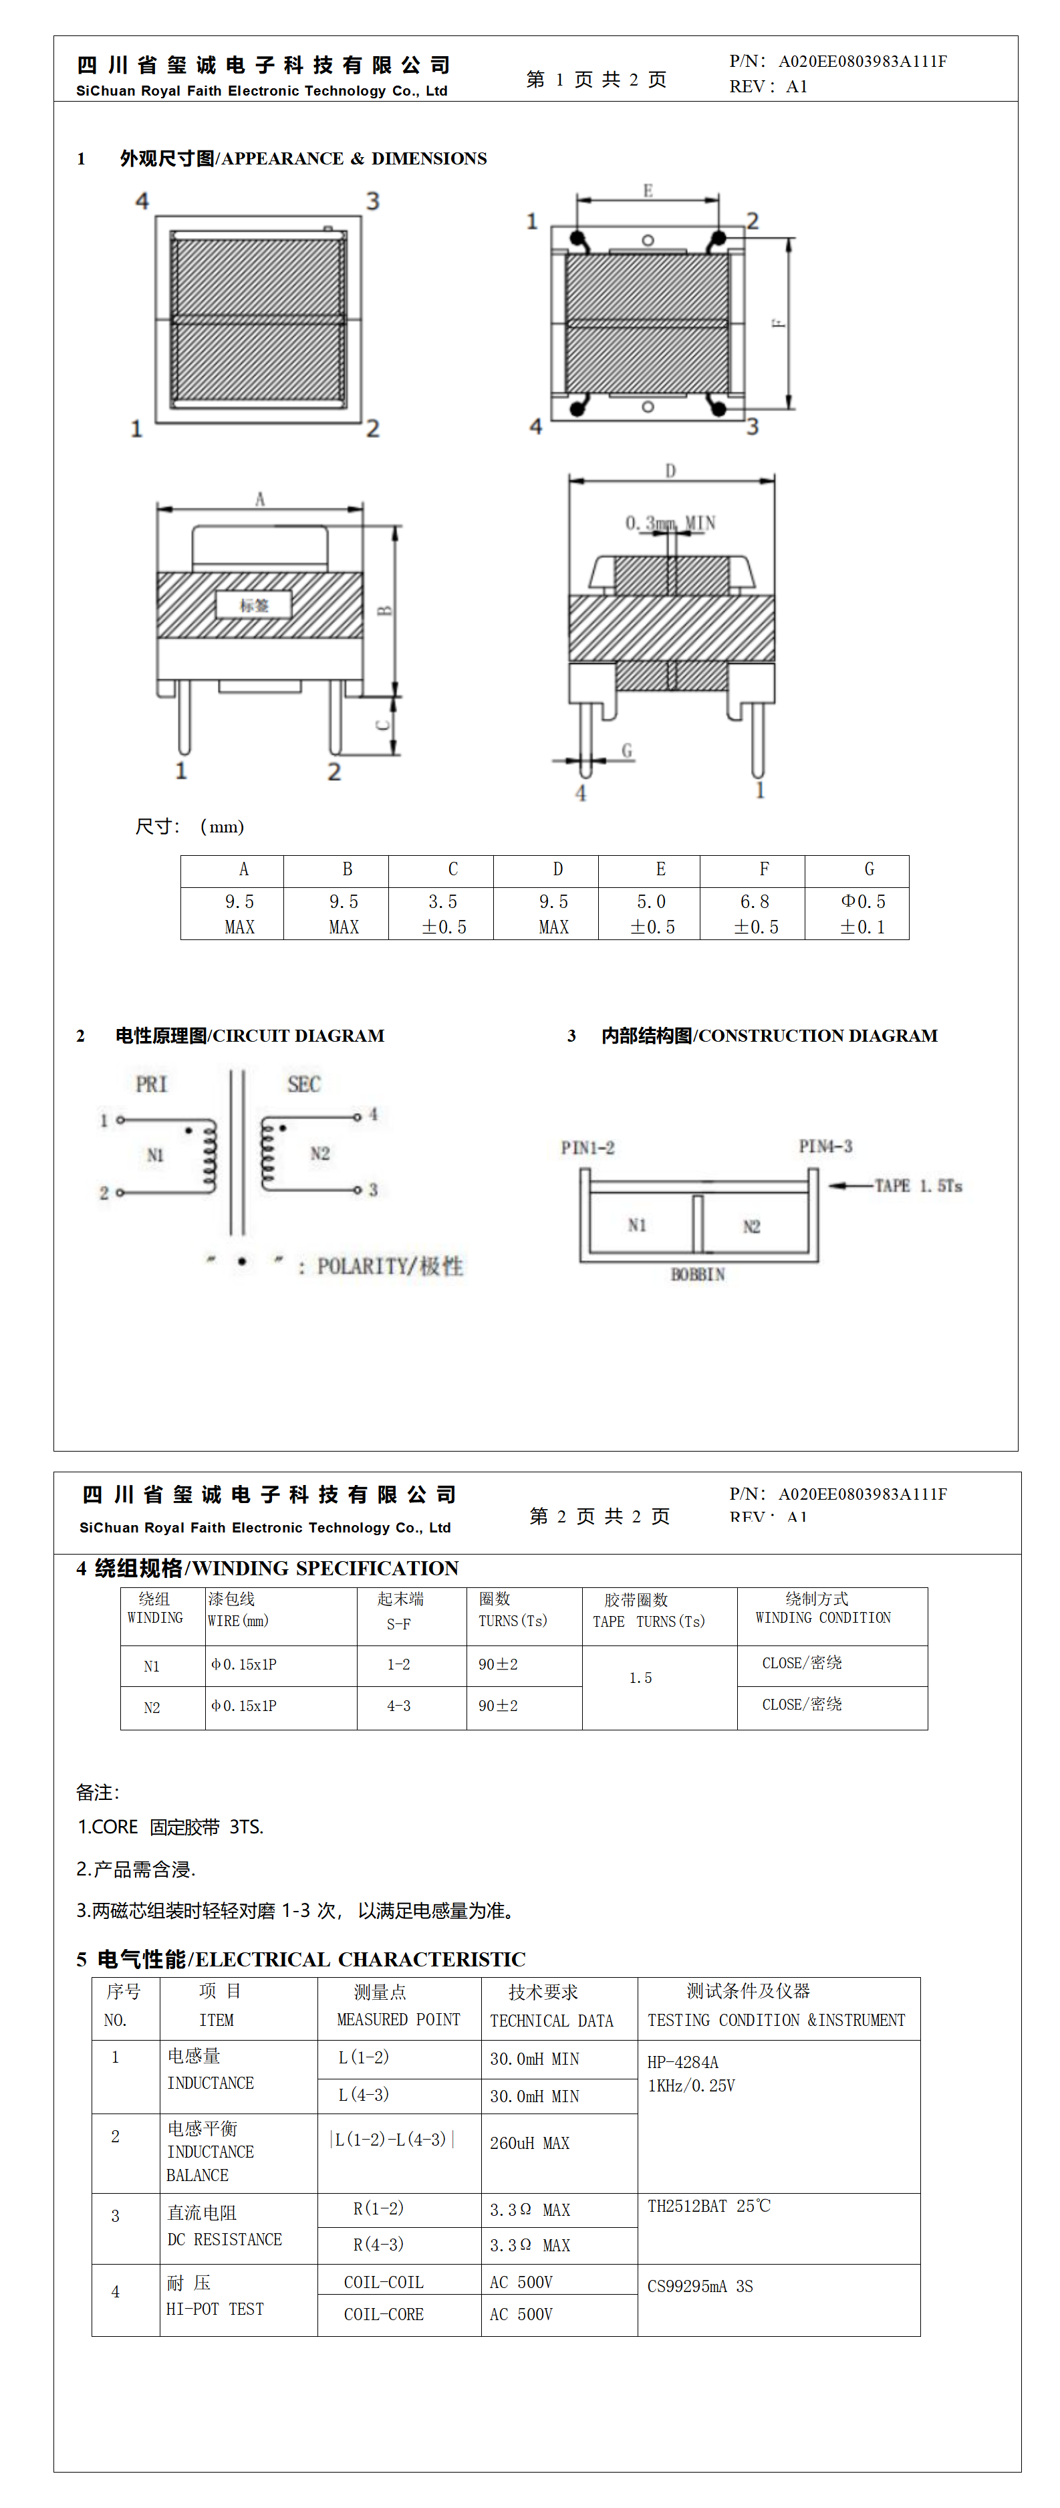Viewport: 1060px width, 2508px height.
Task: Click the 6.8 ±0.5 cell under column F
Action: pos(755,914)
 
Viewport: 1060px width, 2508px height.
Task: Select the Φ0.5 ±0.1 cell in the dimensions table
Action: pos(862,914)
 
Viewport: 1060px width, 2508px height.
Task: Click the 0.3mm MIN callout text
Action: pos(670,524)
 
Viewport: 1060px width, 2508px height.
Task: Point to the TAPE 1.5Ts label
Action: pos(917,1186)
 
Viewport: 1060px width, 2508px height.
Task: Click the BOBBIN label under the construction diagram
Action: pos(698,1274)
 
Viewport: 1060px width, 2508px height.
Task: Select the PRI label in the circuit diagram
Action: pos(152,1085)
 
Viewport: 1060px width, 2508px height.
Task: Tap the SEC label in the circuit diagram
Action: pos(303,1085)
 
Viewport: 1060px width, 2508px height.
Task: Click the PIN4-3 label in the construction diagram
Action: pos(825,1147)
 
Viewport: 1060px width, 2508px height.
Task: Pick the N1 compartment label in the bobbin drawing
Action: pos(636,1225)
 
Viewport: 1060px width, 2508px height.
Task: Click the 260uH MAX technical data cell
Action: pos(529,2143)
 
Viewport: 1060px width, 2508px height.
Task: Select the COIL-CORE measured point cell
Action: pos(384,2314)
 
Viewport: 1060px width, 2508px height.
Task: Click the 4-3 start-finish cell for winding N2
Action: pos(398,1706)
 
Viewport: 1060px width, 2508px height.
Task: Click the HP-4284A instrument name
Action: pos(682,2062)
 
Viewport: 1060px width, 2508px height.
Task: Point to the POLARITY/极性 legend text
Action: pos(390,1266)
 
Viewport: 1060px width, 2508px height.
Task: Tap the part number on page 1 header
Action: pos(862,62)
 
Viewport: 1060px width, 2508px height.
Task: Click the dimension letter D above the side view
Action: pos(670,471)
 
